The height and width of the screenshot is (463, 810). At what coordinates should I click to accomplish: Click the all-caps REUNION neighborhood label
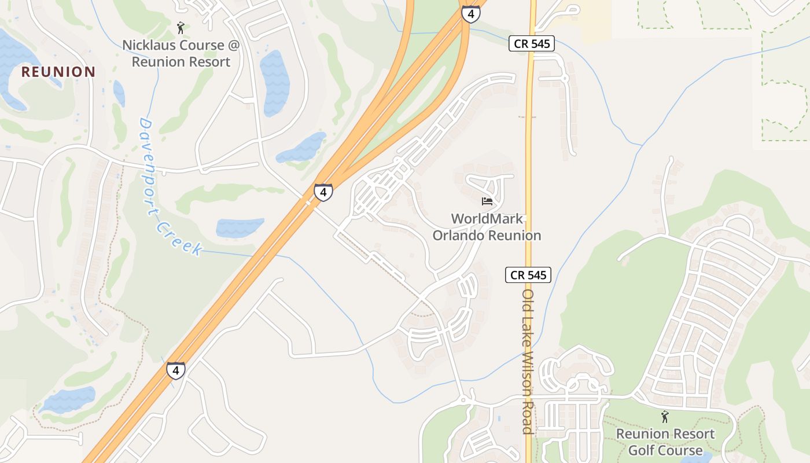pyautogui.click(x=58, y=72)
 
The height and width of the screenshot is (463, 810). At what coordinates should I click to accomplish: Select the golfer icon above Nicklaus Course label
pyautogui.click(x=181, y=27)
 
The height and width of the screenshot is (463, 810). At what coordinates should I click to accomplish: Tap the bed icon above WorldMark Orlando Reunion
pyautogui.click(x=487, y=201)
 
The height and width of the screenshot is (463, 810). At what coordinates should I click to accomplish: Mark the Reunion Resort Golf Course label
pyautogui.click(x=665, y=442)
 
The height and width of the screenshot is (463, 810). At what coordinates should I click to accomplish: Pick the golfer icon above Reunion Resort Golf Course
pyautogui.click(x=665, y=416)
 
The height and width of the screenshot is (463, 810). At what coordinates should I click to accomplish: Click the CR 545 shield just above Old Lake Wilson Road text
pyautogui.click(x=528, y=275)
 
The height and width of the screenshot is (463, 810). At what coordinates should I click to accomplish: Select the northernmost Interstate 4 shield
pyautogui.click(x=471, y=14)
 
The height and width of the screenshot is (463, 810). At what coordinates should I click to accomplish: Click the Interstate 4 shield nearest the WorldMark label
pyautogui.click(x=323, y=192)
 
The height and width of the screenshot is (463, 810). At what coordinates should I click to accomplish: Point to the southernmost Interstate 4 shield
pyautogui.click(x=176, y=370)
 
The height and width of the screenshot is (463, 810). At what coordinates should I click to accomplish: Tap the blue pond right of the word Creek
pyautogui.click(x=240, y=227)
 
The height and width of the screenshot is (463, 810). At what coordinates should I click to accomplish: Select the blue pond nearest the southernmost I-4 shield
pyautogui.click(x=68, y=400)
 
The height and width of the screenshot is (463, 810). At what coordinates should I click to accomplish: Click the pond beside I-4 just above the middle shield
pyautogui.click(x=302, y=149)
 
